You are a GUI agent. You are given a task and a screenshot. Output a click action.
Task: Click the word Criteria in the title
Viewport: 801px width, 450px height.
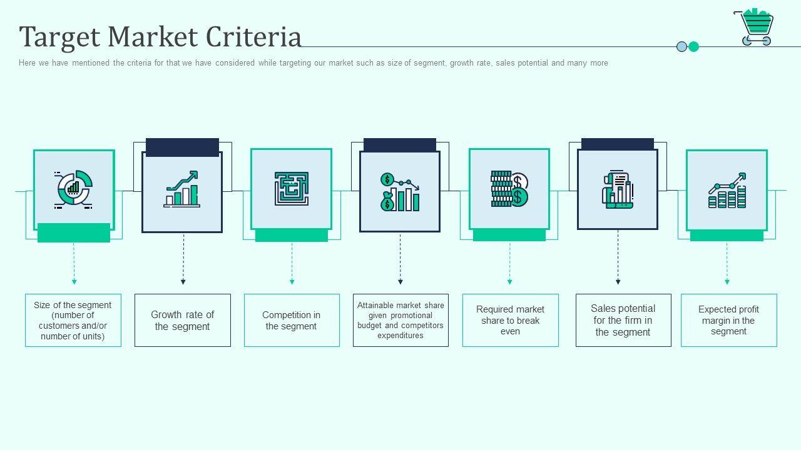tap(254, 37)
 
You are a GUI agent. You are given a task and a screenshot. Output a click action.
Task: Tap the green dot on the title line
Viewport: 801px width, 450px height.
tap(693, 46)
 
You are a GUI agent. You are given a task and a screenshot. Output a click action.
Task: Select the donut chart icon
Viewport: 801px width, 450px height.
tap(74, 189)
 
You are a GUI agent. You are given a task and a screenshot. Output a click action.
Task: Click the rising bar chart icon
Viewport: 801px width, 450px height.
tap(182, 189)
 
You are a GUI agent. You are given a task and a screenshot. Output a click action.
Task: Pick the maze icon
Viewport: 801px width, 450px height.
tap(291, 189)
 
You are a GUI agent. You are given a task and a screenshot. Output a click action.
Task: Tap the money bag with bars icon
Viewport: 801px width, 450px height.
tap(400, 192)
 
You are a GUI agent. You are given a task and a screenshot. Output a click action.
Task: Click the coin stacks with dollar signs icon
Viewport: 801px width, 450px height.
tap(509, 189)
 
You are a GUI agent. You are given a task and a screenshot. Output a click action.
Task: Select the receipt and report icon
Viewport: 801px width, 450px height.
tap(618, 189)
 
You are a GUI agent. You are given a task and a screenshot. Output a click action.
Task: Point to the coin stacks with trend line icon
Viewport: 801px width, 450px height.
tap(727, 191)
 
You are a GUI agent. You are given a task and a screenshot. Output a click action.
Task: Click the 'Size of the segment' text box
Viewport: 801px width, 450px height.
tap(73, 320)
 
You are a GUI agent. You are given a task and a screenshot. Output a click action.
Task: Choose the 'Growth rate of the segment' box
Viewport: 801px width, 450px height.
tap(183, 320)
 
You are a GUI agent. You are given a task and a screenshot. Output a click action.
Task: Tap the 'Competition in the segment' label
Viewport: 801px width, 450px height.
tap(292, 320)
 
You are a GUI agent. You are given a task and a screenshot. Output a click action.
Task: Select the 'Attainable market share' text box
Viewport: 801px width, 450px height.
tap(400, 320)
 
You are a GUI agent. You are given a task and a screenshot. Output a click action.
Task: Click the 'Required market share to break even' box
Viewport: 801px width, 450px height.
tap(510, 320)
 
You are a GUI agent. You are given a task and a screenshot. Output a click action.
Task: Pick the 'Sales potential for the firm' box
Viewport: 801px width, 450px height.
tap(623, 320)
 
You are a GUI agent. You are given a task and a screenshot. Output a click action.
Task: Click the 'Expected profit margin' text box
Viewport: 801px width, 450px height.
tap(728, 320)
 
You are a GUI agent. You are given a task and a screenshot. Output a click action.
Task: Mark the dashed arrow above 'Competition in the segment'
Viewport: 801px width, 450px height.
tap(292, 263)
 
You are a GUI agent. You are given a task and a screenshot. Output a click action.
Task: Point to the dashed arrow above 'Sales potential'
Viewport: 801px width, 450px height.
tap(618, 257)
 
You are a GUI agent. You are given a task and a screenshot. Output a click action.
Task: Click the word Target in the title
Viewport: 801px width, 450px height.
tap(60, 37)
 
